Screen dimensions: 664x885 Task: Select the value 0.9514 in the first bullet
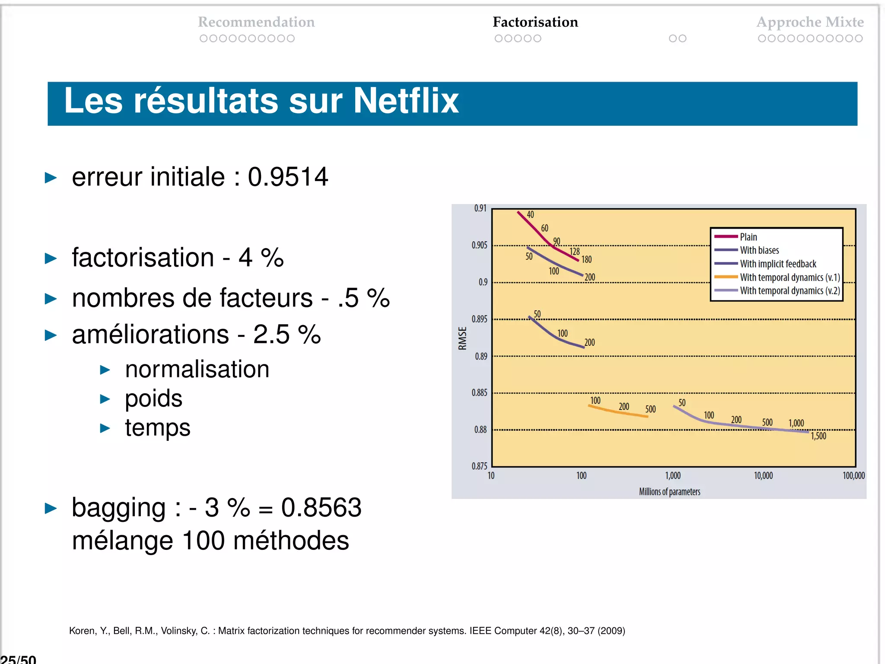(x=288, y=177)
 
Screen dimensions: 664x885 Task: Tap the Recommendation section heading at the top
(x=256, y=22)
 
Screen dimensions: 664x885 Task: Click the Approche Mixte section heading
(x=810, y=22)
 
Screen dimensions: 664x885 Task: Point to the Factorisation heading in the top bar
(x=535, y=22)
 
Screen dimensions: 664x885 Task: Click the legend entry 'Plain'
(x=748, y=237)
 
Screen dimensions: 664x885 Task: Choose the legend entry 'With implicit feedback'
(x=778, y=264)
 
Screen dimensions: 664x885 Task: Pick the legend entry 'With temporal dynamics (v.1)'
(x=789, y=277)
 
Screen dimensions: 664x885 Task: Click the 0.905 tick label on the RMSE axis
(x=479, y=246)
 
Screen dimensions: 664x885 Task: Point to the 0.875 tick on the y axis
(x=479, y=466)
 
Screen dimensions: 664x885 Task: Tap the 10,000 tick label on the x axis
(x=763, y=476)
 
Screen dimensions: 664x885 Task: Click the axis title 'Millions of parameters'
(x=669, y=492)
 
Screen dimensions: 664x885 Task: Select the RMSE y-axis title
(x=462, y=338)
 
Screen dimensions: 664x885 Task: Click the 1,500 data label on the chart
(x=818, y=436)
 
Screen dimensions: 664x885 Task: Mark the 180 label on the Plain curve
(x=586, y=259)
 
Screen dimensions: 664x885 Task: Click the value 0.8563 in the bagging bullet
(x=321, y=508)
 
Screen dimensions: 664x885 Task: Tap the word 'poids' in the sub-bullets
(x=153, y=398)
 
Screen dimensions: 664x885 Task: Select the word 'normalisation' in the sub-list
(x=197, y=369)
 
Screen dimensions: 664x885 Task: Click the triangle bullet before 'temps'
(x=105, y=428)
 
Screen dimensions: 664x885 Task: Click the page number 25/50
(x=18, y=659)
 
